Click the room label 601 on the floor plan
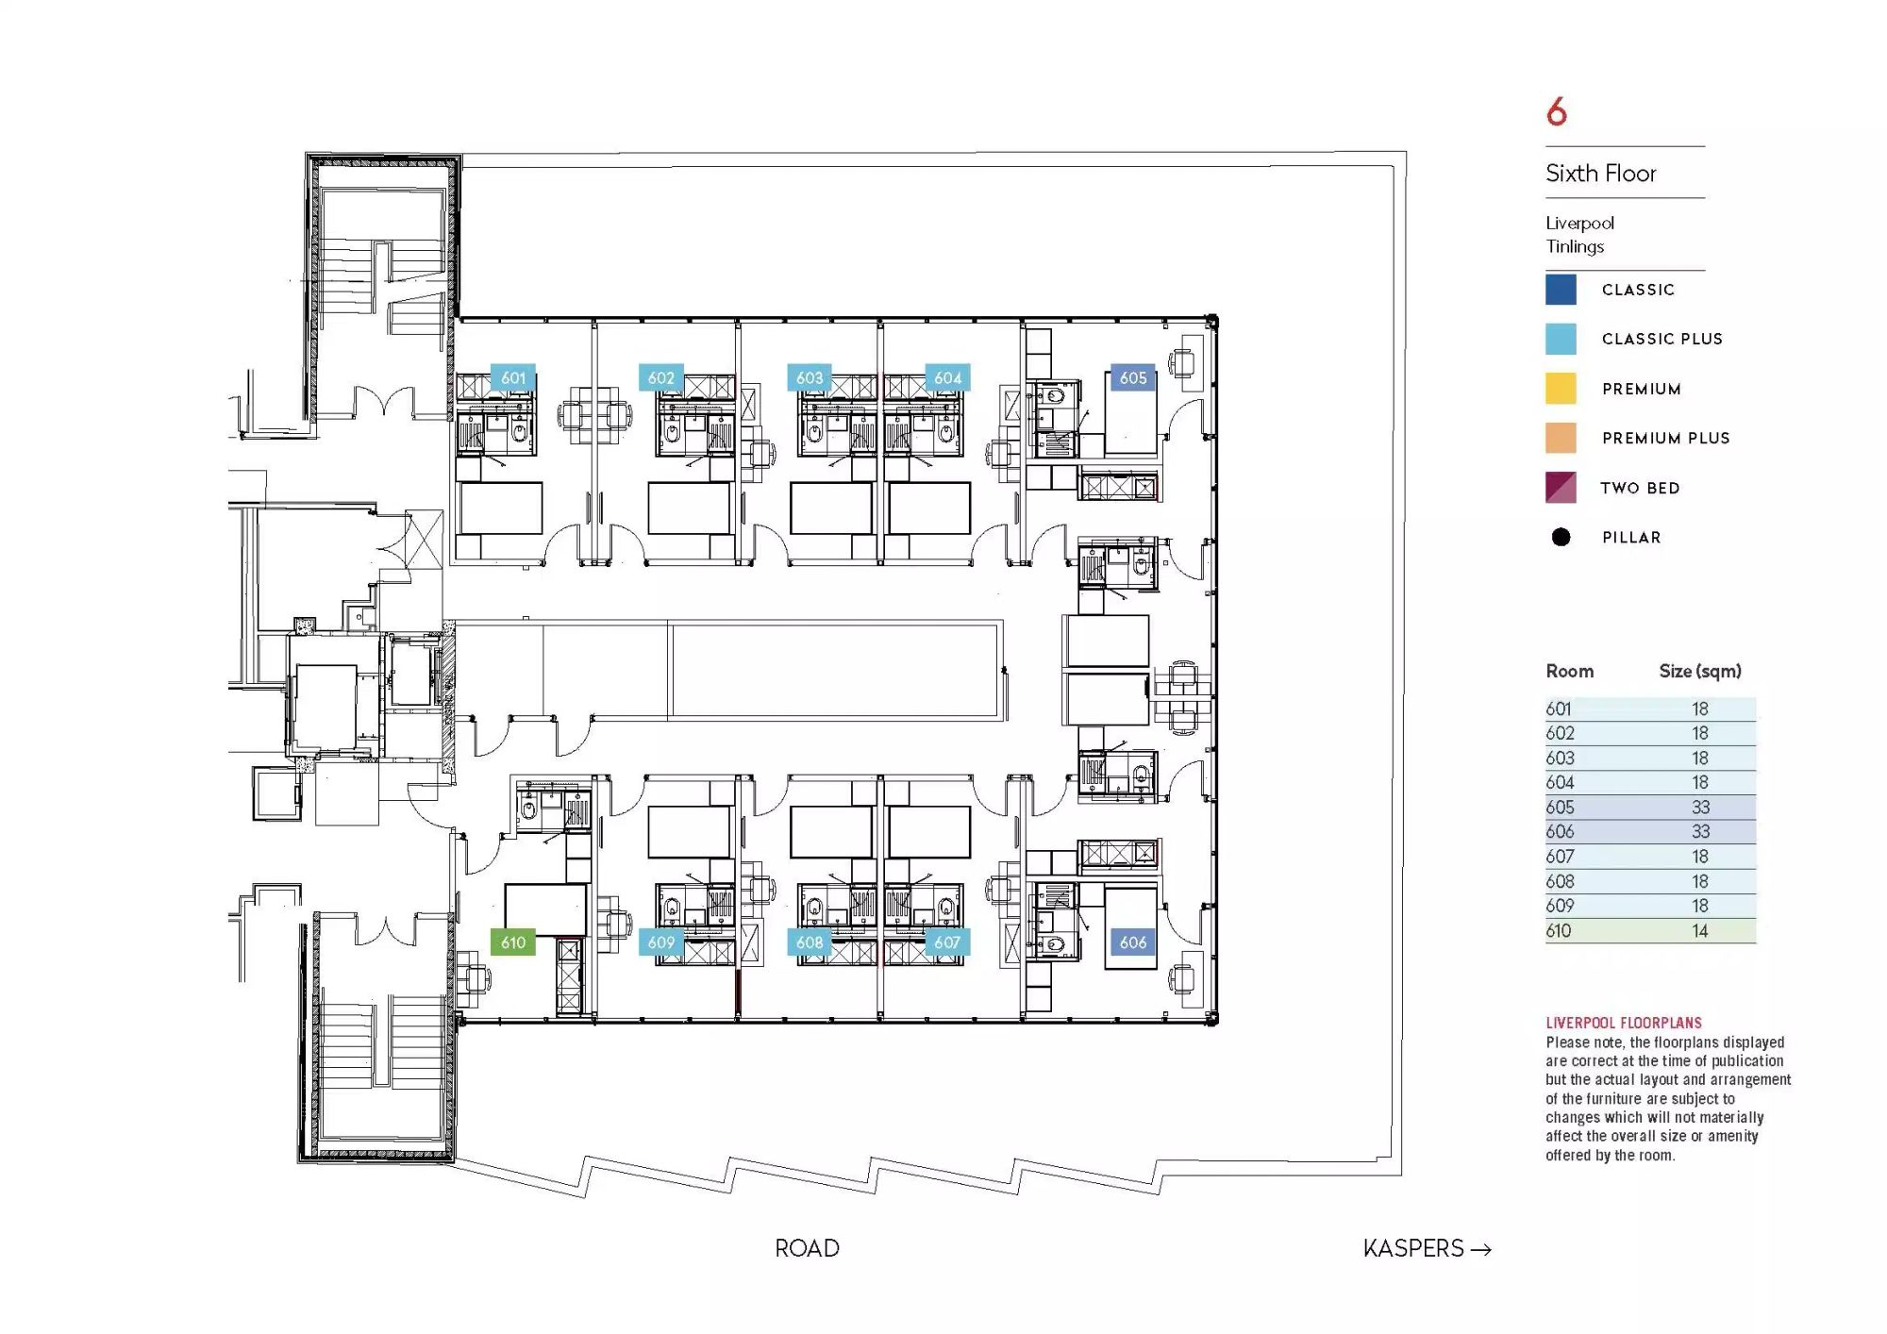pos(513,377)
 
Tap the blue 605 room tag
pos(1132,377)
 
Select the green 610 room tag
pos(513,942)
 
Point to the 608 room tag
pos(810,942)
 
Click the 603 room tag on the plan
pos(810,377)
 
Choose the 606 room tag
pos(1132,942)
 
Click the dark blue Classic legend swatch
pos(1561,290)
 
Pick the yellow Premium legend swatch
pos(1561,389)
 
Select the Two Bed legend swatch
pos(1561,488)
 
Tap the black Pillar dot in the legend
pos(1561,537)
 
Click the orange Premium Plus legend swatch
pos(1561,438)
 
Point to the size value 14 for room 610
pos(1699,931)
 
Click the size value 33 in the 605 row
pos(1700,808)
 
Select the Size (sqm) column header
pos(1700,672)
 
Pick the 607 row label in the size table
pos(1560,857)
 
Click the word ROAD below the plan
pos(807,1248)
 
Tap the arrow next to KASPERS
pos(1481,1249)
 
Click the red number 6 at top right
pos(1557,112)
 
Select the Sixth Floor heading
pos(1601,174)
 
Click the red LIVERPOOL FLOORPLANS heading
pos(1624,1023)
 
